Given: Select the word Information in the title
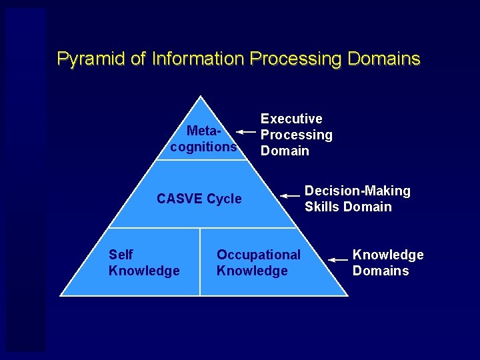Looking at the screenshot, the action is (198, 59).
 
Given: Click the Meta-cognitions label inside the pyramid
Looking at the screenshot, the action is (203, 139).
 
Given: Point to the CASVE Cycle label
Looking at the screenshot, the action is (199, 199).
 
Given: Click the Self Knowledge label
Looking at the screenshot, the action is (143, 263).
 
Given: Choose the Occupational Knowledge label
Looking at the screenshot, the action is (259, 263).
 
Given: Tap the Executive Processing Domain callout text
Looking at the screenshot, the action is (296, 135).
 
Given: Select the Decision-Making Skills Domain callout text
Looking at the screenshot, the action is (357, 199).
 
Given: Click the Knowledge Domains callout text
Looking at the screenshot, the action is (387, 263).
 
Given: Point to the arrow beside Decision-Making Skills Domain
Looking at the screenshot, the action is (291, 196).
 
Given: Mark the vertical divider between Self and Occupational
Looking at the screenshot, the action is (200, 261).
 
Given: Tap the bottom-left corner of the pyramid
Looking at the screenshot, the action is (61, 295).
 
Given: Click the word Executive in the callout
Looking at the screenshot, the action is (291, 119).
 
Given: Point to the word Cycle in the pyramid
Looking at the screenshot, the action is (224, 199).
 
